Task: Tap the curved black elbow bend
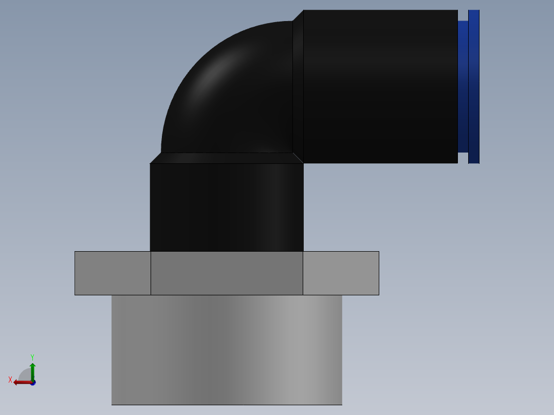pyautogui.click(x=231, y=92)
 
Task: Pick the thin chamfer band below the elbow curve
pyautogui.click(x=226, y=158)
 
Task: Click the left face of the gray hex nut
pyautogui.click(x=113, y=273)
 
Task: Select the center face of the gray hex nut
pyautogui.click(x=227, y=273)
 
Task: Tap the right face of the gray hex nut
pyautogui.click(x=341, y=273)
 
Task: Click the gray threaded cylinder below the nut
pyautogui.click(x=227, y=349)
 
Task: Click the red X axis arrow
pyautogui.click(x=21, y=382)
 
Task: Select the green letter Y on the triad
pyautogui.click(x=32, y=356)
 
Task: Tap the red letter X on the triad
pyautogui.click(x=10, y=380)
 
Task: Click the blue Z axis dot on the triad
pyautogui.click(x=33, y=383)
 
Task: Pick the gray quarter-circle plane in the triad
pyautogui.click(x=25, y=375)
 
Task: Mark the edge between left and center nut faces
pyautogui.click(x=151, y=273)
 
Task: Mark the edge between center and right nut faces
pyautogui.click(x=303, y=273)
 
